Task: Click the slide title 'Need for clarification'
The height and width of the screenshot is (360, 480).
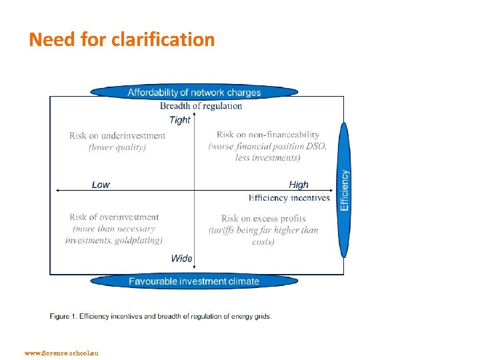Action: pyautogui.click(x=121, y=40)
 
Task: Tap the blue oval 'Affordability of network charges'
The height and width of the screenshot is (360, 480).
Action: pyautogui.click(x=194, y=92)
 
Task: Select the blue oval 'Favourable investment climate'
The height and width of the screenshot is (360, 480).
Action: pyautogui.click(x=194, y=281)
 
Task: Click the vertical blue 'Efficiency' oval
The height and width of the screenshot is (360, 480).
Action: pyautogui.click(x=344, y=190)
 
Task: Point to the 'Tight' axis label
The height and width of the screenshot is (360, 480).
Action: pyautogui.click(x=180, y=120)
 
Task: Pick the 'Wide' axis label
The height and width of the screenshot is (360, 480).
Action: pyautogui.click(x=181, y=258)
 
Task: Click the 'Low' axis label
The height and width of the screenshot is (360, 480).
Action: pyautogui.click(x=101, y=185)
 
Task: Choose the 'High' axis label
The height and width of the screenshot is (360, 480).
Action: pyautogui.click(x=299, y=185)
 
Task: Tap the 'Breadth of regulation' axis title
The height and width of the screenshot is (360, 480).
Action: pyautogui.click(x=201, y=105)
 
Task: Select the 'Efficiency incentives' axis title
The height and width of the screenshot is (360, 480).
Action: pyautogui.click(x=289, y=197)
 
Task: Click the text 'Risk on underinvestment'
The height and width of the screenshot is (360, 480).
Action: pyautogui.click(x=117, y=136)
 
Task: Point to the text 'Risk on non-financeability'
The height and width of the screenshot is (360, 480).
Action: pyautogui.click(x=268, y=135)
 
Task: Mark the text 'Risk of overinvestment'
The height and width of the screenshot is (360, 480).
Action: pyautogui.click(x=114, y=217)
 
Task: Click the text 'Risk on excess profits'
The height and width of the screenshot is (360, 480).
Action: pyautogui.click(x=263, y=219)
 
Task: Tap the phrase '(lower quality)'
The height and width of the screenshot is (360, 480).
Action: pyautogui.click(x=117, y=147)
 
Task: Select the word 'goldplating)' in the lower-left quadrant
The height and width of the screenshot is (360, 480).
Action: pyautogui.click(x=139, y=240)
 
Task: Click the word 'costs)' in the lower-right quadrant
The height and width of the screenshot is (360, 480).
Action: pyautogui.click(x=263, y=241)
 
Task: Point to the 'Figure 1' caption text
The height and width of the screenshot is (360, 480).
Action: pyautogui.click(x=161, y=316)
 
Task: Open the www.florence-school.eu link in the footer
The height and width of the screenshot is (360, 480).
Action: pyautogui.click(x=61, y=353)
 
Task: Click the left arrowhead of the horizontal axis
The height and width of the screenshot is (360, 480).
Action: pyautogui.click(x=57, y=191)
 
